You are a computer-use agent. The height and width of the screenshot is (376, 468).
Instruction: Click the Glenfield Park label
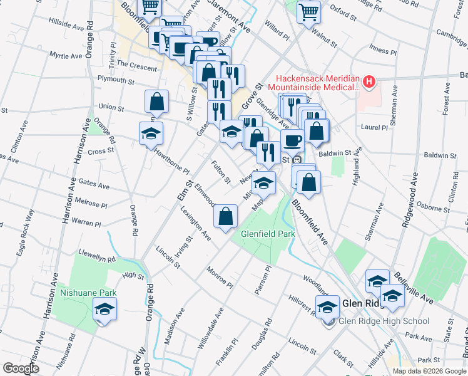pyautogui.click(x=268, y=235)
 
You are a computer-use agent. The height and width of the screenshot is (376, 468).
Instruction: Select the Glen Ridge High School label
pyautogui.click(x=384, y=321)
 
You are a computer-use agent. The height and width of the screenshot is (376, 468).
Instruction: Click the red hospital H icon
pyautogui.click(x=369, y=81)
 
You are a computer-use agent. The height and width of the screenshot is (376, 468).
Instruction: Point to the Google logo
pyautogui.click(x=21, y=368)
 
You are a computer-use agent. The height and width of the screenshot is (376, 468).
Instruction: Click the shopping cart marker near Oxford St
pyautogui.click(x=308, y=11)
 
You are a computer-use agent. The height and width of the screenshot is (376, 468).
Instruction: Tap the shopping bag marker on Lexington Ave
pyautogui.click(x=225, y=217)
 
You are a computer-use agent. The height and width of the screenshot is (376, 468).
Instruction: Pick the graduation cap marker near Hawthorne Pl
pyautogui.click(x=151, y=133)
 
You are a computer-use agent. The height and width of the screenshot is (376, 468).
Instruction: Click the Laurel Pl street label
pyautogui.click(x=375, y=127)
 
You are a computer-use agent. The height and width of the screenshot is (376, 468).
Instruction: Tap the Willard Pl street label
pyautogui.click(x=277, y=33)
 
